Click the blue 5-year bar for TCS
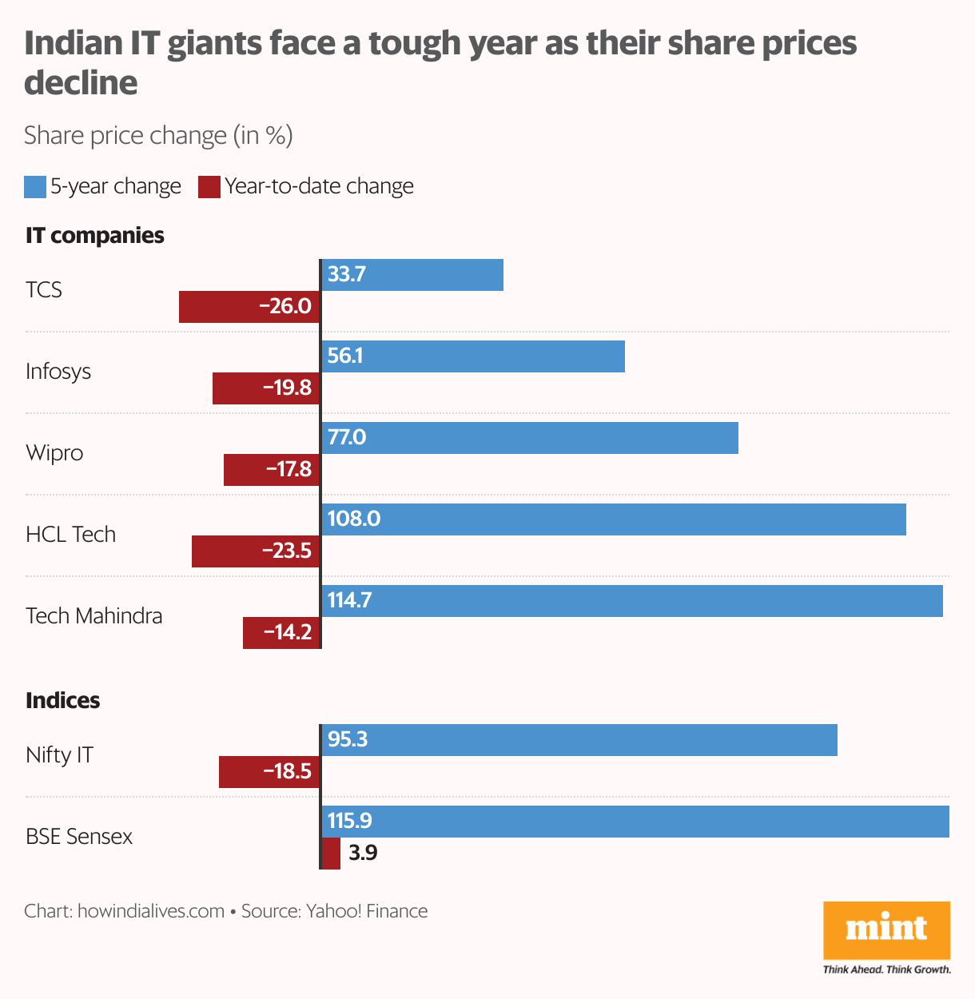(412, 275)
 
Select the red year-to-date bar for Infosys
(266, 388)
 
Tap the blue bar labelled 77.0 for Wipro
(530, 438)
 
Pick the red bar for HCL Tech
(256, 551)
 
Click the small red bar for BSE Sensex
(331, 854)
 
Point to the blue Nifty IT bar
(579, 740)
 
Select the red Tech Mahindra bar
(281, 633)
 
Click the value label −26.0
(285, 307)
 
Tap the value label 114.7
(350, 600)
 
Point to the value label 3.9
(363, 854)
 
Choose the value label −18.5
(288, 772)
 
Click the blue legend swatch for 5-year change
(35, 187)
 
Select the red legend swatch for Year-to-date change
(209, 187)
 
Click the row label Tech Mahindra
(94, 616)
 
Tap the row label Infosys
(58, 372)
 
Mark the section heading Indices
(63, 701)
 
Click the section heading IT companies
(95, 236)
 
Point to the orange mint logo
(886, 929)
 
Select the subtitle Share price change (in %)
(158, 136)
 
